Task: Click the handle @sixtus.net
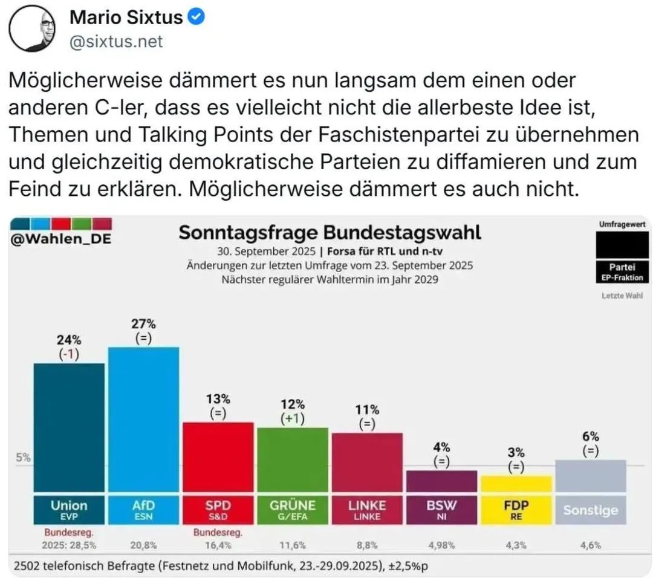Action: click(116, 42)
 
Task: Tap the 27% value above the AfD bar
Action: click(143, 324)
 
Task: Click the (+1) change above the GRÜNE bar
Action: click(292, 419)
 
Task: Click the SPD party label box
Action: click(218, 509)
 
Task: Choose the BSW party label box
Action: click(441, 509)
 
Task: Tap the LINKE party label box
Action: click(367, 509)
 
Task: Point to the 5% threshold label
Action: click(23, 458)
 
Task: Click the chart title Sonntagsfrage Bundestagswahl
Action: click(330, 233)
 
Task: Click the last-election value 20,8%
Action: click(143, 545)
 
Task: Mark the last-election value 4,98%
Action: click(441, 545)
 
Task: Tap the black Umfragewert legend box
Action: click(622, 245)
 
